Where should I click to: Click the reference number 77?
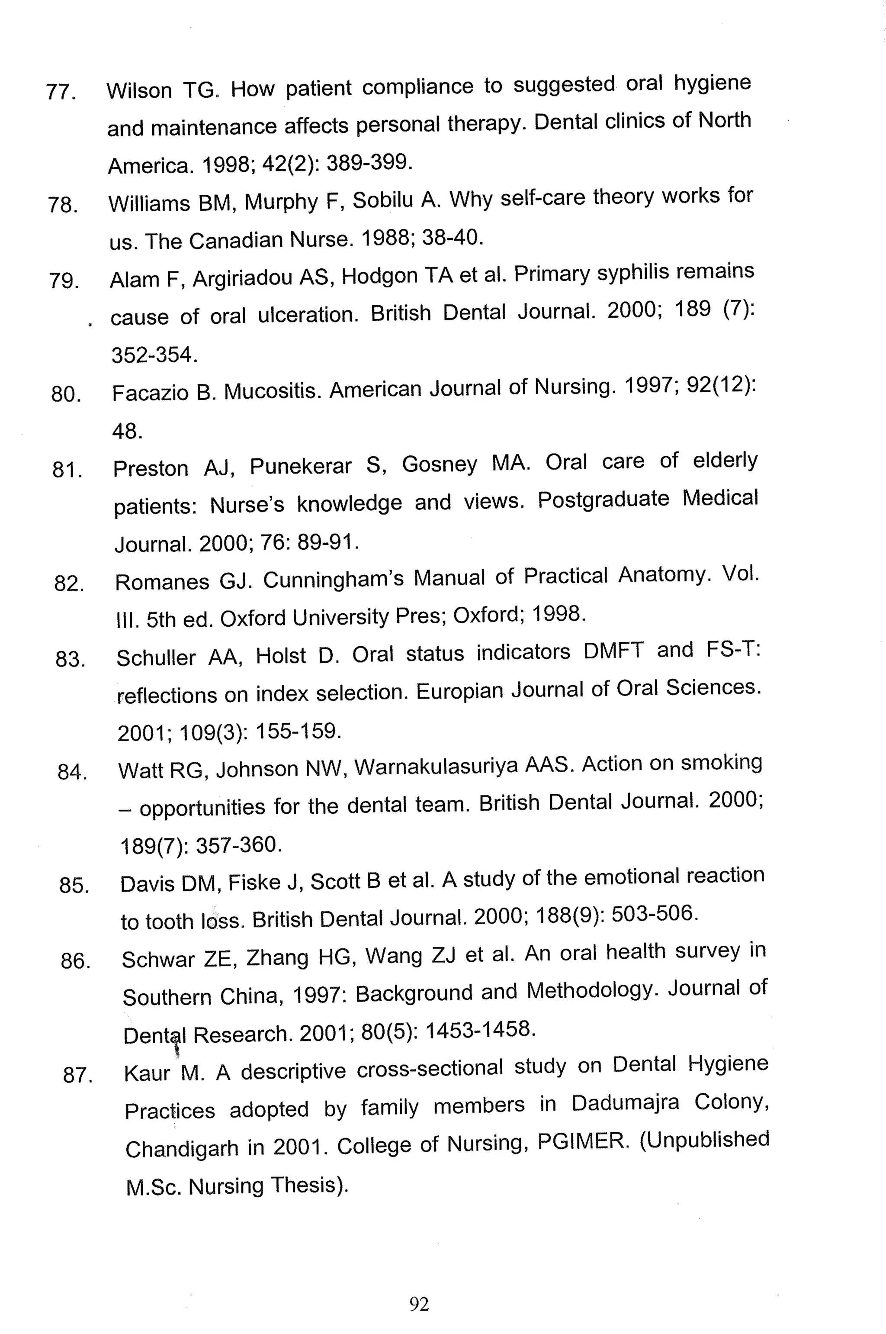coord(61,92)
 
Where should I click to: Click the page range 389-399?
coord(369,163)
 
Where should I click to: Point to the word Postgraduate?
coord(604,499)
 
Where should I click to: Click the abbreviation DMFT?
coord(613,651)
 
